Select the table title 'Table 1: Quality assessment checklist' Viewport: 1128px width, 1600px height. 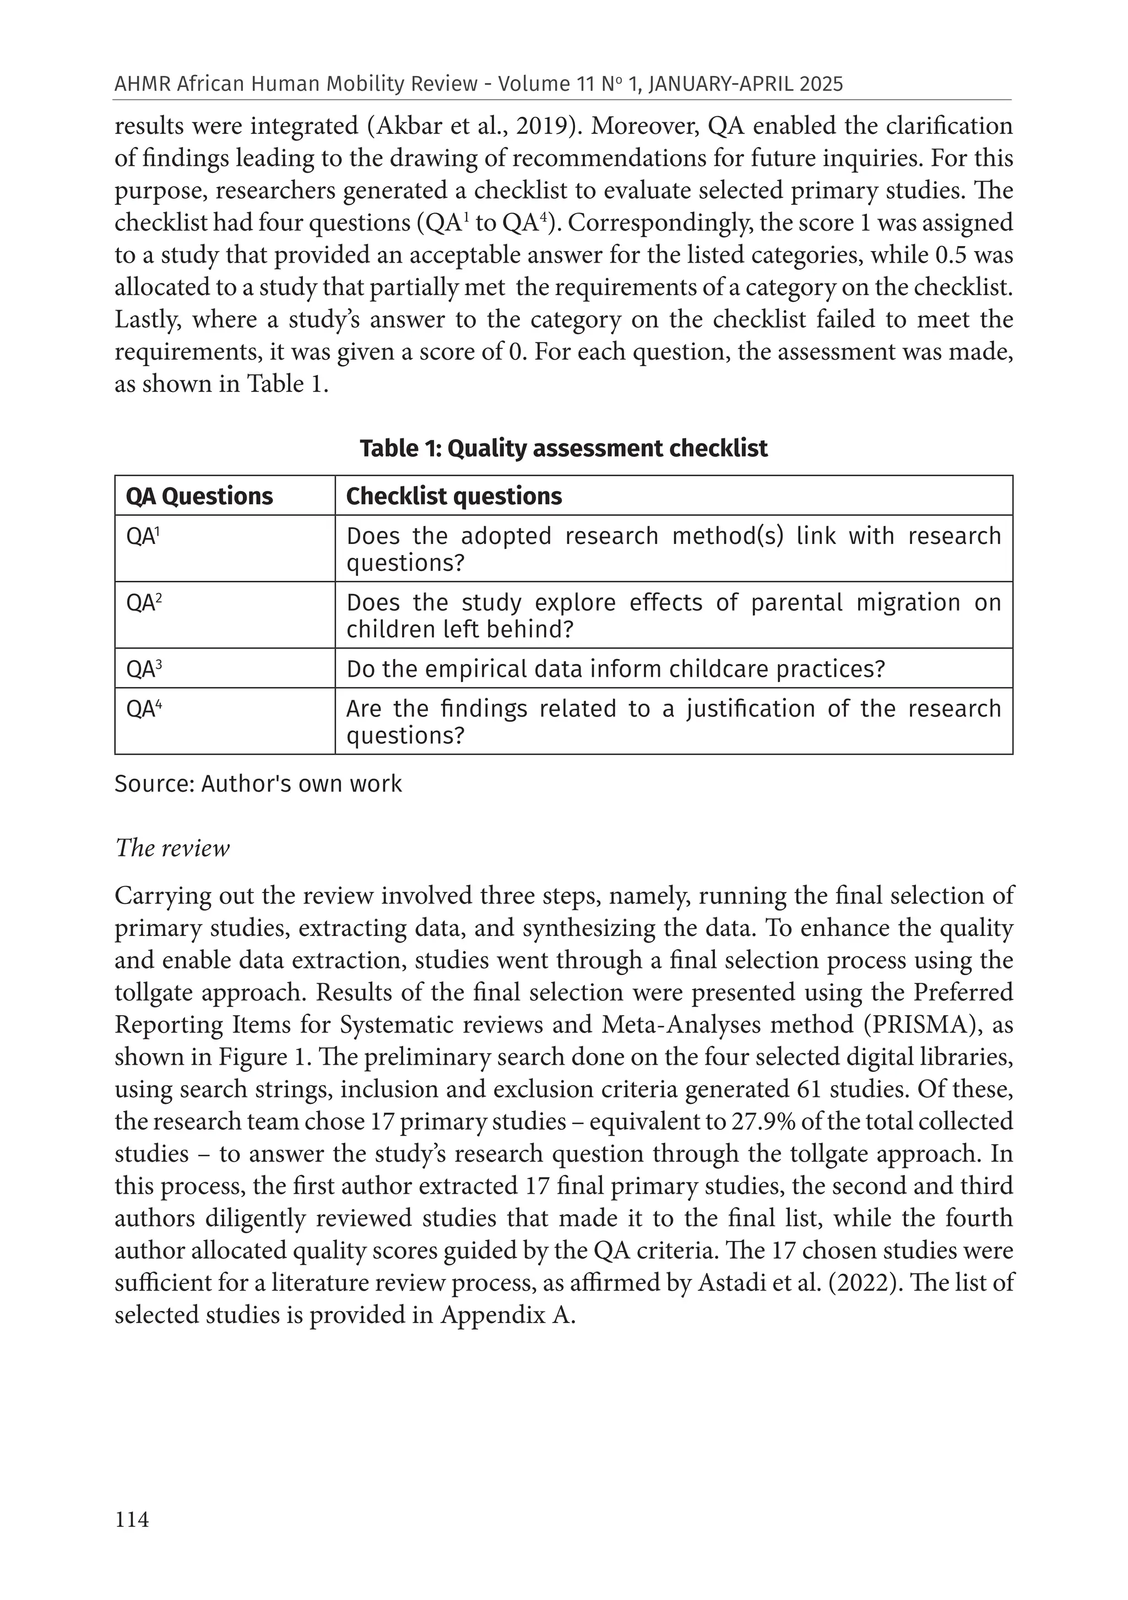pos(563,448)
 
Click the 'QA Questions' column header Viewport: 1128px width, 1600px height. pos(199,496)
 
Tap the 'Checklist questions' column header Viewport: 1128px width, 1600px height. pos(454,496)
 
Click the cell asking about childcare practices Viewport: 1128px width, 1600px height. pos(615,669)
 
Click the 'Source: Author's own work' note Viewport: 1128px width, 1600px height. pos(258,784)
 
